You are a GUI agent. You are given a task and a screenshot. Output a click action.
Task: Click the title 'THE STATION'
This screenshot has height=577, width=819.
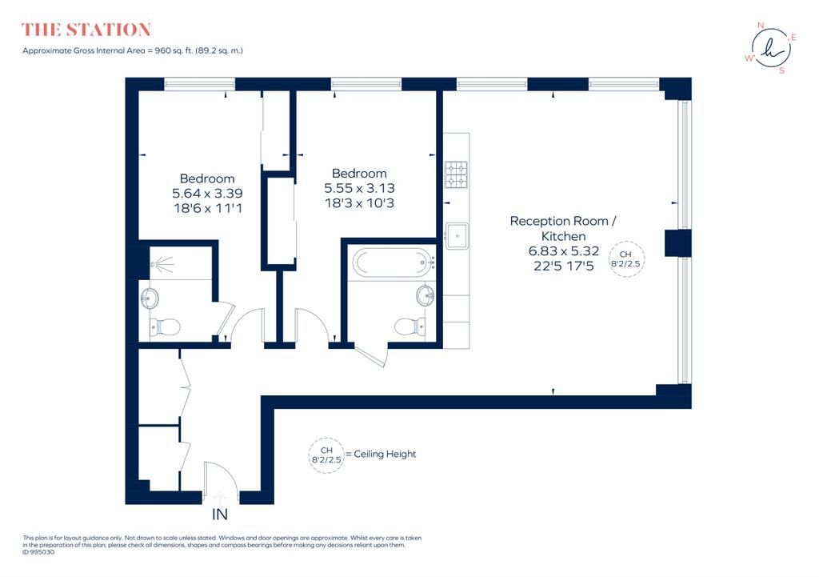click(x=86, y=30)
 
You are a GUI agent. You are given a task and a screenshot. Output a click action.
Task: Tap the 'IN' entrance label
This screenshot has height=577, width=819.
click(x=220, y=515)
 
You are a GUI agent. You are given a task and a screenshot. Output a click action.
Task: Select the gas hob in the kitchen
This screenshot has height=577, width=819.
click(x=456, y=174)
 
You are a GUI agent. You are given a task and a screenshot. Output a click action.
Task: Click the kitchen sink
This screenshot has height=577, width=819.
click(x=457, y=236)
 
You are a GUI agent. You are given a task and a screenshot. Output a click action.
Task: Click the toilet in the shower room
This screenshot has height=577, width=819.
click(x=165, y=327)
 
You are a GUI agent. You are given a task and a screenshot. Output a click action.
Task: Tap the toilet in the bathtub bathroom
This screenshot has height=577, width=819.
click(x=409, y=327)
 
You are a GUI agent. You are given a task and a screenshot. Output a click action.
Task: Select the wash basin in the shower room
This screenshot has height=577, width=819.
click(x=150, y=299)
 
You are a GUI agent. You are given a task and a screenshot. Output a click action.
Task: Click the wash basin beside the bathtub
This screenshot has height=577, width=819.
click(x=425, y=295)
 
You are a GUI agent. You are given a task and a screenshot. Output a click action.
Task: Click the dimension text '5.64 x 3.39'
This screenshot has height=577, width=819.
click(x=207, y=194)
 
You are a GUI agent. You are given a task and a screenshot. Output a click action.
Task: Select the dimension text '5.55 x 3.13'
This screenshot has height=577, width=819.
click(x=359, y=188)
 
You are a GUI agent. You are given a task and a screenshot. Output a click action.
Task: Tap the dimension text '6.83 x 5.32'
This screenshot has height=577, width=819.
click(x=564, y=250)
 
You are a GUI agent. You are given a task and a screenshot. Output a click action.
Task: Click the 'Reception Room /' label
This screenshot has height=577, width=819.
click(x=562, y=221)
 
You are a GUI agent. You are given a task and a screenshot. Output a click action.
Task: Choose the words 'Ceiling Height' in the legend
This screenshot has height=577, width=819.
click(x=385, y=455)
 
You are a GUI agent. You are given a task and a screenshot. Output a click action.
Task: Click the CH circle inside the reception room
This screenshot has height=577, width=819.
click(x=626, y=258)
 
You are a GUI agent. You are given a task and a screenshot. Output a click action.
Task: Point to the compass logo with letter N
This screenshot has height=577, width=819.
click(x=771, y=48)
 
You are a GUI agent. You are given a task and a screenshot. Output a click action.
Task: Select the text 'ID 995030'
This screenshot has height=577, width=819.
click(x=38, y=552)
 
